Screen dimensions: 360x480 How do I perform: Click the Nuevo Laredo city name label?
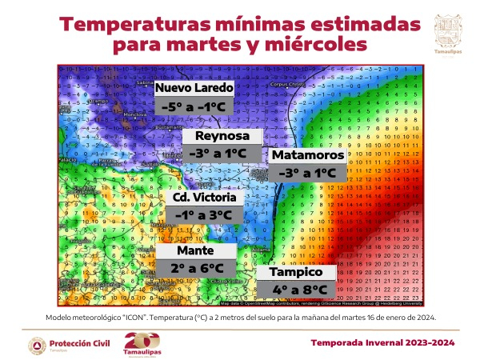[194, 87]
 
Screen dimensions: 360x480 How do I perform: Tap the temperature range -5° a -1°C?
[194, 106]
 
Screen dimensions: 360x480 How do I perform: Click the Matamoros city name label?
[307, 154]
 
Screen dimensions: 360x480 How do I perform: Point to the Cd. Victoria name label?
[203, 197]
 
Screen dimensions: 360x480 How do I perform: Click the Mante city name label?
[195, 250]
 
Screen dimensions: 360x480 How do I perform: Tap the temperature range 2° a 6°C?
[195, 268]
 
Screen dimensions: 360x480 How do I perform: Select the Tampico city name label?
[294, 272]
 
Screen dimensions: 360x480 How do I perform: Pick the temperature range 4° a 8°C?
[294, 290]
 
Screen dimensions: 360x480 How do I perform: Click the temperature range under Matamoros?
[307, 172]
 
